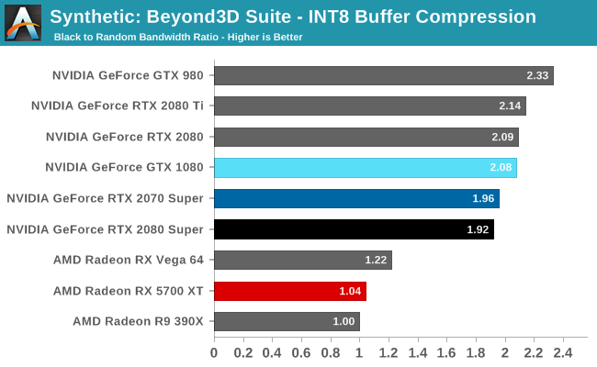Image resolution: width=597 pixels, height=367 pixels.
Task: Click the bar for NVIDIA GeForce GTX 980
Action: (383, 75)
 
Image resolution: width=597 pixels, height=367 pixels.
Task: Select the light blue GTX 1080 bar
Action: (365, 168)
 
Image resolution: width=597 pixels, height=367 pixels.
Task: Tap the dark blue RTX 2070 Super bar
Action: (356, 198)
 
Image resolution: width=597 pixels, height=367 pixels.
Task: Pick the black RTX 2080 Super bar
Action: (354, 229)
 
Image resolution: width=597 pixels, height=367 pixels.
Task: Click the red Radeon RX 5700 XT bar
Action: (290, 291)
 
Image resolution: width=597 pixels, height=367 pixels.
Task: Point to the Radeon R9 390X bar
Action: (287, 321)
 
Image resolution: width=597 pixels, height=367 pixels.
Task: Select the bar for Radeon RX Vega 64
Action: (303, 260)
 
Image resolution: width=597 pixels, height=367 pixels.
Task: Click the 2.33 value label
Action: (537, 75)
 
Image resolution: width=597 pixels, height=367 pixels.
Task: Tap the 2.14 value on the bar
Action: (511, 106)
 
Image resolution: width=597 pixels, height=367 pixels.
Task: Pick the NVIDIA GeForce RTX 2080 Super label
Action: (106, 228)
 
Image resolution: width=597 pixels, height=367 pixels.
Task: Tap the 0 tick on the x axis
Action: (214, 352)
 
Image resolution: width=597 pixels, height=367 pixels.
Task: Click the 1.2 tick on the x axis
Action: (389, 352)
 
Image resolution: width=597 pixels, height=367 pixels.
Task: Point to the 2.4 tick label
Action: (562, 352)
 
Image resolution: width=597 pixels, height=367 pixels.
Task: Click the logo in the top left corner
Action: (22, 22)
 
